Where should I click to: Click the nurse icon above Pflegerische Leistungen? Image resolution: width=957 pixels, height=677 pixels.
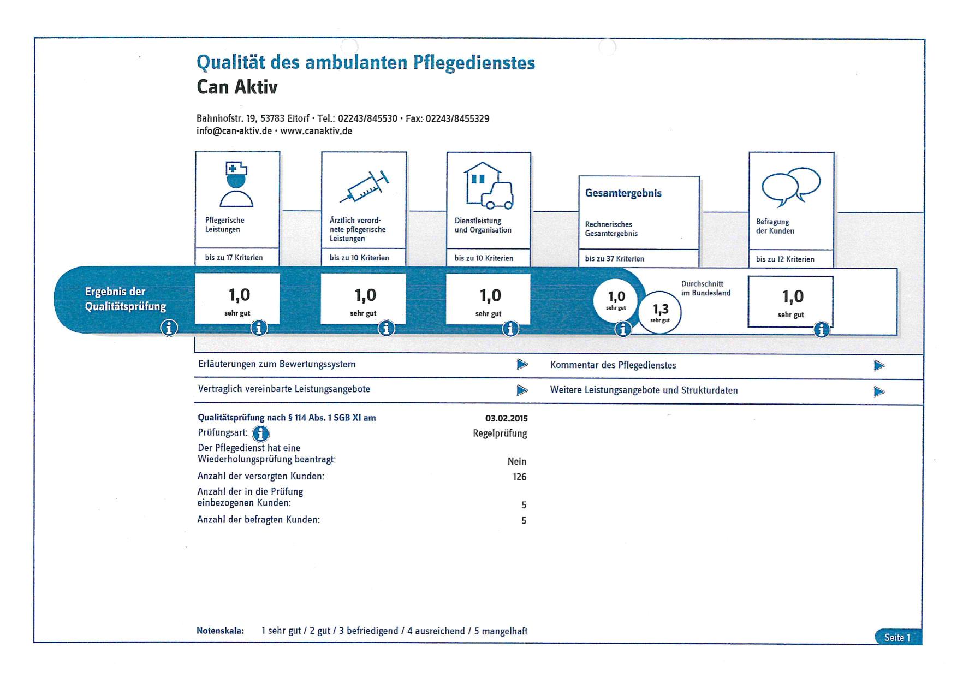pyautogui.click(x=236, y=184)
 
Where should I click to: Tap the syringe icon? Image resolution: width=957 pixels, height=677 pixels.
pyautogui.click(x=365, y=186)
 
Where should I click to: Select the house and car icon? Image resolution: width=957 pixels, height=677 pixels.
pyautogui.click(x=489, y=186)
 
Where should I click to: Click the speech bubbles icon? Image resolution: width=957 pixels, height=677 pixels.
pyautogui.click(x=791, y=186)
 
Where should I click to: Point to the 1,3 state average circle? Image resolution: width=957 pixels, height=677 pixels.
pyautogui.click(x=660, y=312)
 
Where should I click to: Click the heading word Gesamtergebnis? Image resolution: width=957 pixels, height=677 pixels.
pyautogui.click(x=623, y=193)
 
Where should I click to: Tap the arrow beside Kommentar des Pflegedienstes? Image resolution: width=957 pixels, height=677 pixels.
pyautogui.click(x=878, y=365)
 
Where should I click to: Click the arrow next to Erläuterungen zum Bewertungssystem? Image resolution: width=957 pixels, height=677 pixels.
pyautogui.click(x=522, y=364)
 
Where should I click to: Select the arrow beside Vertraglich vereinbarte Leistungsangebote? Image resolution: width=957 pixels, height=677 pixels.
pyautogui.click(x=522, y=390)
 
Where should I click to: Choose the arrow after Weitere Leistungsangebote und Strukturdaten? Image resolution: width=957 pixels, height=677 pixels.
pyautogui.click(x=878, y=391)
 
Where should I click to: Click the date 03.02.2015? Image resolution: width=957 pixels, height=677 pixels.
pyautogui.click(x=506, y=419)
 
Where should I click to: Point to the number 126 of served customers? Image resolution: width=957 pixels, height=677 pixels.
pyautogui.click(x=519, y=477)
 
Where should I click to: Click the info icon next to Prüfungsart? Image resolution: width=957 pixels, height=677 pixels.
pyautogui.click(x=261, y=433)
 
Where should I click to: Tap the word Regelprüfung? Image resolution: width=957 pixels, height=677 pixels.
pyautogui.click(x=500, y=434)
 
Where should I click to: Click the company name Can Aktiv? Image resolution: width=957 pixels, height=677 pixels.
pyautogui.click(x=237, y=87)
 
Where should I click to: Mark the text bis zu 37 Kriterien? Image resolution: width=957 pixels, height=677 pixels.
pyautogui.click(x=614, y=259)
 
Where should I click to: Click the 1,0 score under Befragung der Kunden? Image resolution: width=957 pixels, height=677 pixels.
pyautogui.click(x=793, y=296)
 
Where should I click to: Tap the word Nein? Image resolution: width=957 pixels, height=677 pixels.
pyautogui.click(x=517, y=461)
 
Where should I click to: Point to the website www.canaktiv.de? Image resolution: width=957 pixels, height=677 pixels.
pyautogui.click(x=316, y=131)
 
